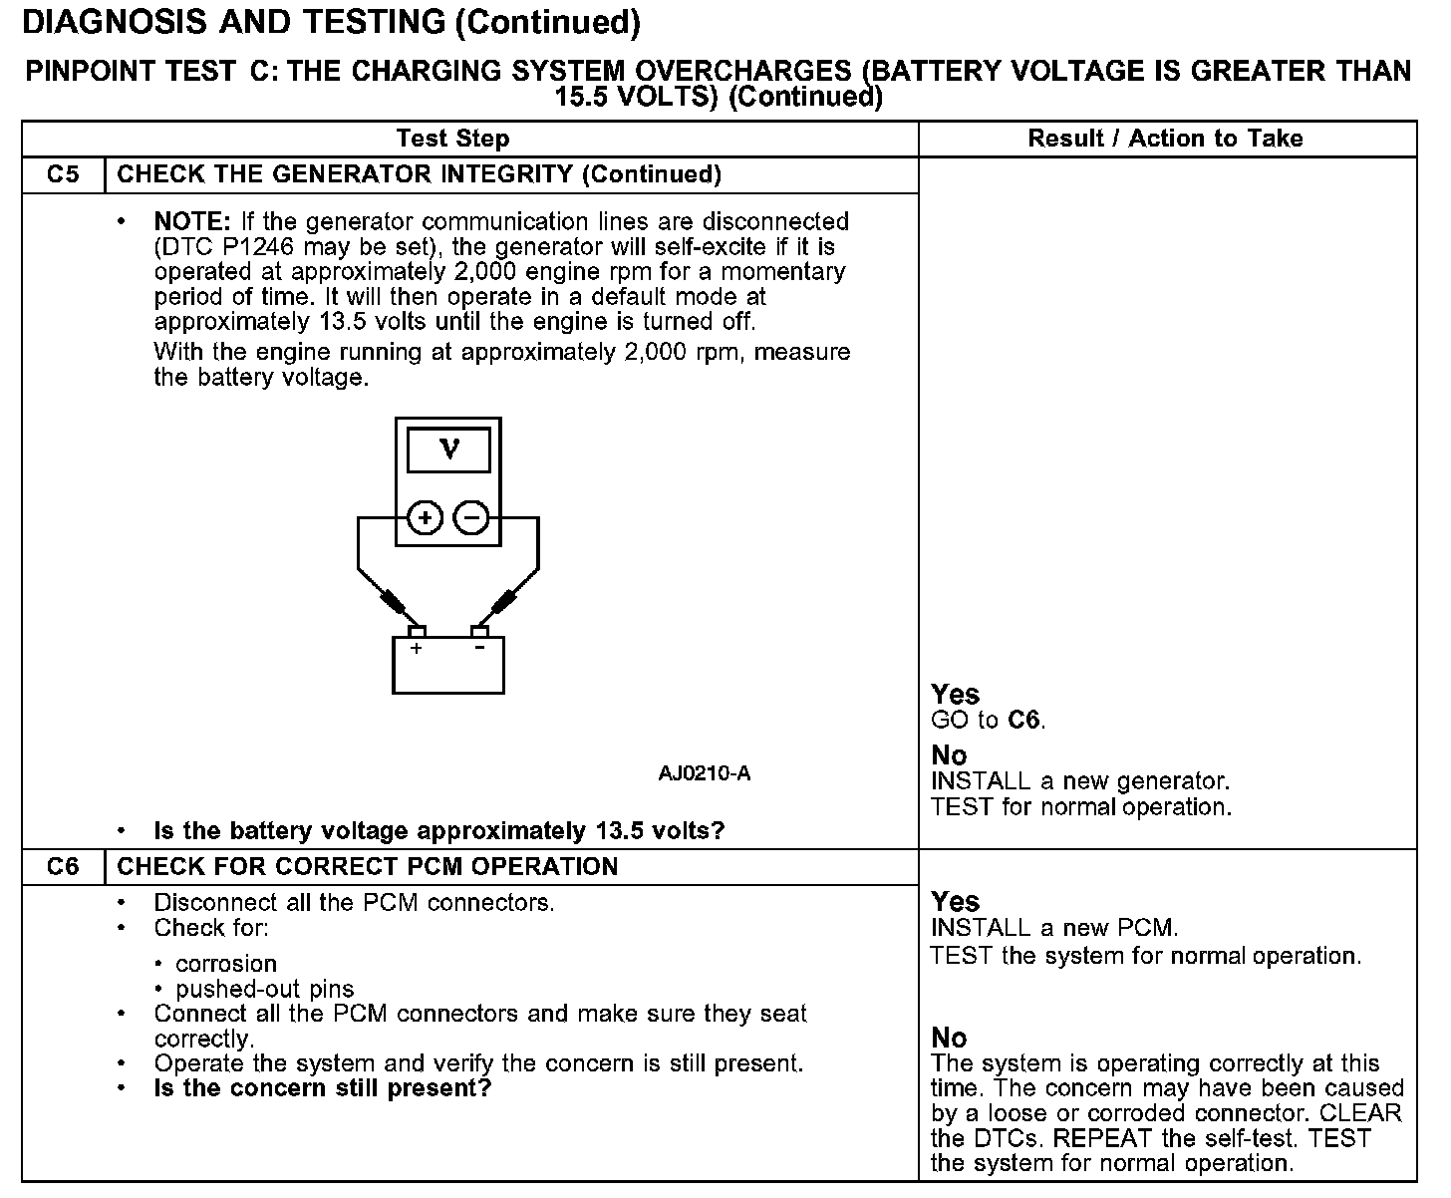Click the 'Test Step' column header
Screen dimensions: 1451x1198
point(452,139)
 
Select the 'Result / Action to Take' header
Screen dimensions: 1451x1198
point(1165,139)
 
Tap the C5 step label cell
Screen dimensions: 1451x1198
point(63,174)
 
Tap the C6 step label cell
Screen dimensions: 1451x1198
point(63,866)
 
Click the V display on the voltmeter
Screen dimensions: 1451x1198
point(448,450)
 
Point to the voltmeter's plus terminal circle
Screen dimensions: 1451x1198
point(426,517)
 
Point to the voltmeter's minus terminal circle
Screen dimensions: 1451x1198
point(471,517)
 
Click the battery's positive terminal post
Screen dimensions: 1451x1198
point(417,631)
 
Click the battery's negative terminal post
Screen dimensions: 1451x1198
point(479,631)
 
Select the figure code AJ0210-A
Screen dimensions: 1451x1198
point(704,773)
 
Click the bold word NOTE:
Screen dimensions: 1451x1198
point(191,221)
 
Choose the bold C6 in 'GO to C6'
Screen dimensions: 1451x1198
point(1023,720)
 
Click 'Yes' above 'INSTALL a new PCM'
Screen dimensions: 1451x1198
point(955,901)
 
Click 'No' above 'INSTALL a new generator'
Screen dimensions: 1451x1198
point(949,754)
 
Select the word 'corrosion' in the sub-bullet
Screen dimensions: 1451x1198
point(226,964)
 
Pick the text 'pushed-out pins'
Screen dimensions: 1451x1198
point(265,989)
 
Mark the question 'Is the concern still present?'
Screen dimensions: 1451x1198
point(323,1087)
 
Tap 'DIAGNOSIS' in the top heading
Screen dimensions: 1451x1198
point(115,22)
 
